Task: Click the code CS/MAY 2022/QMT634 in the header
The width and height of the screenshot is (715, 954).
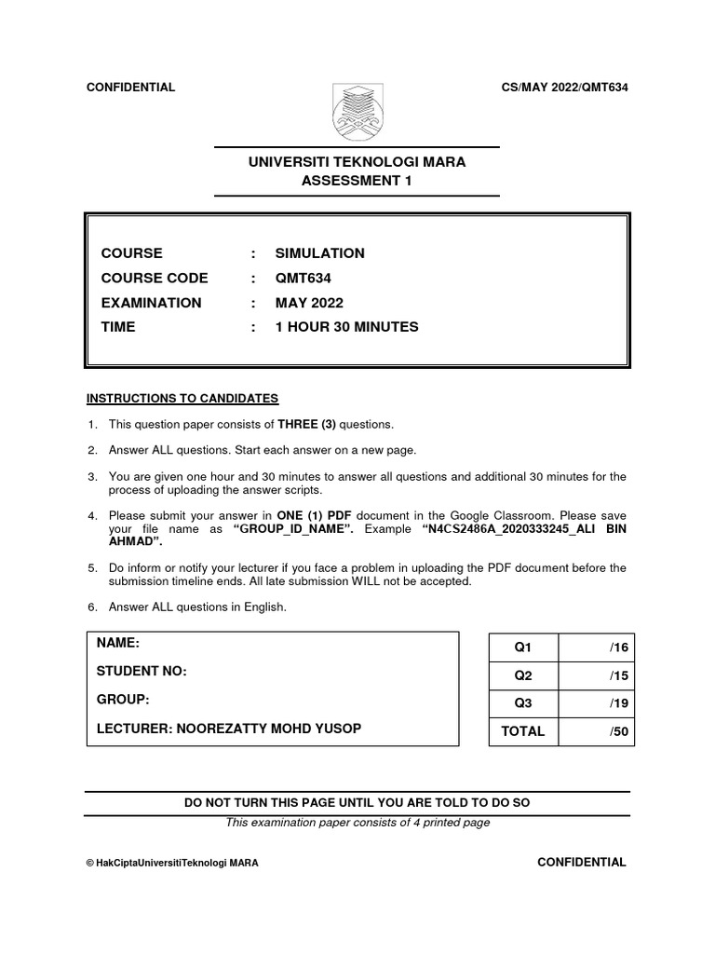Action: coord(564,88)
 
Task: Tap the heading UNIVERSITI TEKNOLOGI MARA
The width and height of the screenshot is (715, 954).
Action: coord(357,162)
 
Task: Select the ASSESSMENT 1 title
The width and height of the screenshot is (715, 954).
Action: coord(357,181)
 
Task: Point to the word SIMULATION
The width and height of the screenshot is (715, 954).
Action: coord(319,253)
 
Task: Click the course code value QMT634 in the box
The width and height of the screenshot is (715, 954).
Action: coord(303,278)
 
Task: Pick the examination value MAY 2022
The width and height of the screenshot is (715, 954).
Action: coord(309,303)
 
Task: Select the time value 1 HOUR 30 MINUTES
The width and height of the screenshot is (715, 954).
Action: coord(346,327)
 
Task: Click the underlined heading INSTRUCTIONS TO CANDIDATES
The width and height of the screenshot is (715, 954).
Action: coord(182,399)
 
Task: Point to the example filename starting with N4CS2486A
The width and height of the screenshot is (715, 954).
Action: coord(524,528)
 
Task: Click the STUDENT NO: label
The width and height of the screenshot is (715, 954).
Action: coord(142,672)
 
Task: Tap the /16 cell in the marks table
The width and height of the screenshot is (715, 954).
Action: coord(619,647)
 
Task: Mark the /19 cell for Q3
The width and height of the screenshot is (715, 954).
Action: coord(619,703)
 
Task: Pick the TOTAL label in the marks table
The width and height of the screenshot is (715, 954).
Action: coord(522,731)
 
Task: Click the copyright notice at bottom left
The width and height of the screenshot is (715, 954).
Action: coord(172,864)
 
